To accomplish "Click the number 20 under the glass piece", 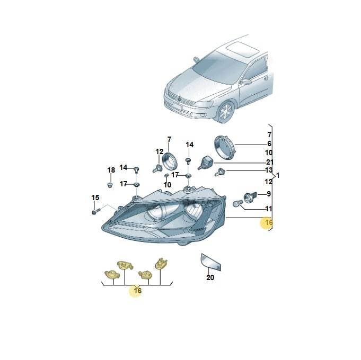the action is [210, 277].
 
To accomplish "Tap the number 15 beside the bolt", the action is [95, 197].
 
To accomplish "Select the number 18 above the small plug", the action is [111, 170].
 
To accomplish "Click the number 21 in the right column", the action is [270, 163].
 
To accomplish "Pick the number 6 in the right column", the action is [269, 143].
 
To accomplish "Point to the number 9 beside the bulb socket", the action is [269, 194].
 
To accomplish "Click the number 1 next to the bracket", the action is [278, 176].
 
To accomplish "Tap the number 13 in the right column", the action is [268, 170].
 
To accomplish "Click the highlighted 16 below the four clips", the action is [137, 291].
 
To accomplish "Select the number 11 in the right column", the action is [269, 209].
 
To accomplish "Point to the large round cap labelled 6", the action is [224, 147].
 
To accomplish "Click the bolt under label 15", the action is [96, 211].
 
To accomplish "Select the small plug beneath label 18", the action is [110, 185].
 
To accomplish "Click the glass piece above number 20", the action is [211, 262].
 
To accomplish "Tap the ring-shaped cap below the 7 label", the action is [170, 161].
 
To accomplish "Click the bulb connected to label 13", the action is [219, 172].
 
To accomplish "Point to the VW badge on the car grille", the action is [180, 99].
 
